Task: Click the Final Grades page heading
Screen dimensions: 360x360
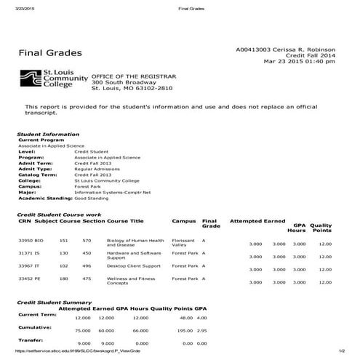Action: point(50,53)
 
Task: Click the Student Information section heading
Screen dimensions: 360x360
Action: point(43,135)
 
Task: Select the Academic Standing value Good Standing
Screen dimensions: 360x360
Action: point(91,197)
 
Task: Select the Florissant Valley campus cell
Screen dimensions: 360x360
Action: point(183,242)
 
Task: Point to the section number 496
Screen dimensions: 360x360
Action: point(87,267)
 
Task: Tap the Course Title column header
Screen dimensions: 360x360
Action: point(125,220)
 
